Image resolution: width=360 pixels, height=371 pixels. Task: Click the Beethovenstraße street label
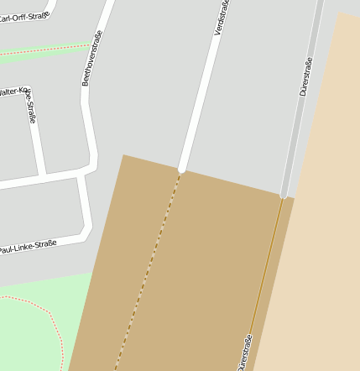point(91,58)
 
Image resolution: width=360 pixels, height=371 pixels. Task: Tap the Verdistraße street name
point(222,17)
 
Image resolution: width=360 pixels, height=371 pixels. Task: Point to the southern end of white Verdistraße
point(181,168)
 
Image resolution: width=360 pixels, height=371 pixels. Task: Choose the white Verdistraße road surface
point(201,92)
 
